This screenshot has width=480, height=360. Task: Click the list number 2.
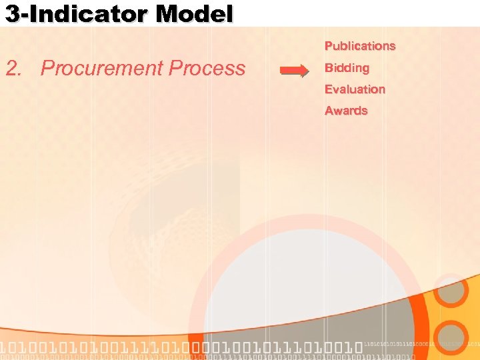click(15, 69)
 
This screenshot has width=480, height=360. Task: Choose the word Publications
click(360, 46)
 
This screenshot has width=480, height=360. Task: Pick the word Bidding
click(347, 68)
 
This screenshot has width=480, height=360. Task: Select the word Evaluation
click(355, 89)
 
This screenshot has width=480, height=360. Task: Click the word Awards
click(346, 111)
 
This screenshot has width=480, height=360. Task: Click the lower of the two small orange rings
click(453, 337)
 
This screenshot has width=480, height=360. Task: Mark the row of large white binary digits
click(180, 347)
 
